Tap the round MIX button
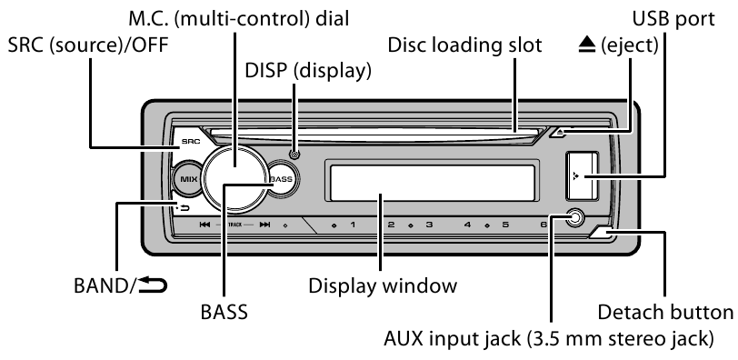pyautogui.click(x=189, y=179)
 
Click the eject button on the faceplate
pyautogui.click(x=563, y=134)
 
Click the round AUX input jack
pyautogui.click(x=573, y=218)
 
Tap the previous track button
pyautogui.click(x=205, y=224)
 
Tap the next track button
pyautogui.click(x=265, y=224)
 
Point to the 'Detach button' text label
pyautogui.click(x=665, y=312)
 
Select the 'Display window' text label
pyautogui.click(x=382, y=285)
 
